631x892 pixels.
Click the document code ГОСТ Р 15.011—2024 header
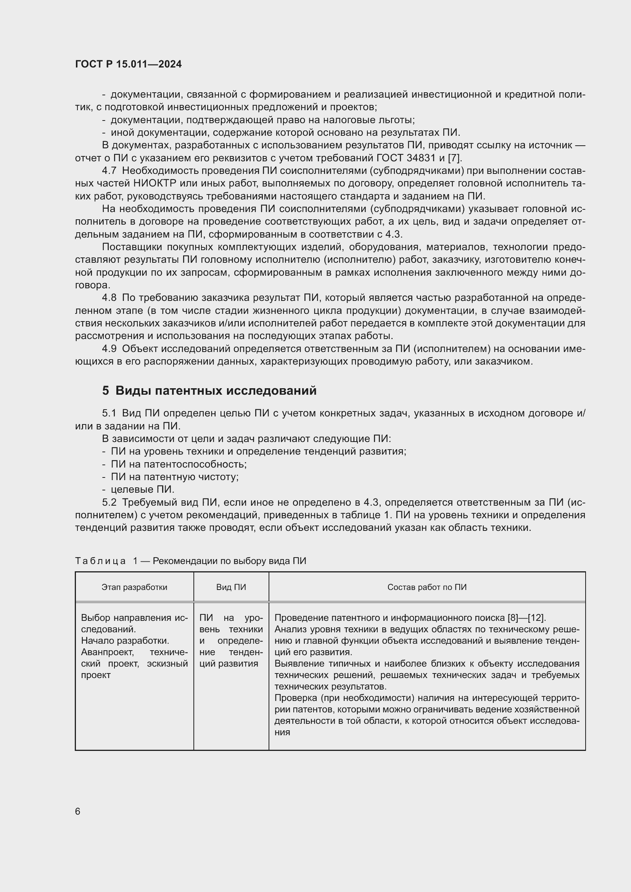[128, 64]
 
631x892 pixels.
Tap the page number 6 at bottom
[78, 811]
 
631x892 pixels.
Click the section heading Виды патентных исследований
[216, 391]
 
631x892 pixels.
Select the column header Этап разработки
[134, 587]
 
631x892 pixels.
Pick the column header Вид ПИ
[231, 587]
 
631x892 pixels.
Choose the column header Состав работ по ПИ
[427, 587]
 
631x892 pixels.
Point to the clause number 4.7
[109, 170]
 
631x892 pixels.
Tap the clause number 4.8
[109, 297]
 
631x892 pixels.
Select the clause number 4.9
[109, 349]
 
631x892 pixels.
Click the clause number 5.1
[109, 413]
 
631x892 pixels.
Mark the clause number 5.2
[109, 502]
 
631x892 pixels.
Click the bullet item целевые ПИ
[143, 490]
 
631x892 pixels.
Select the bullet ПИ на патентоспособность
[179, 464]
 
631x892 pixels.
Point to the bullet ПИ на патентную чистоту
[175, 477]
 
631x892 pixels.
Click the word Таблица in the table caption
[100, 561]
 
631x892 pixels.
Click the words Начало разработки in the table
[125, 641]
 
